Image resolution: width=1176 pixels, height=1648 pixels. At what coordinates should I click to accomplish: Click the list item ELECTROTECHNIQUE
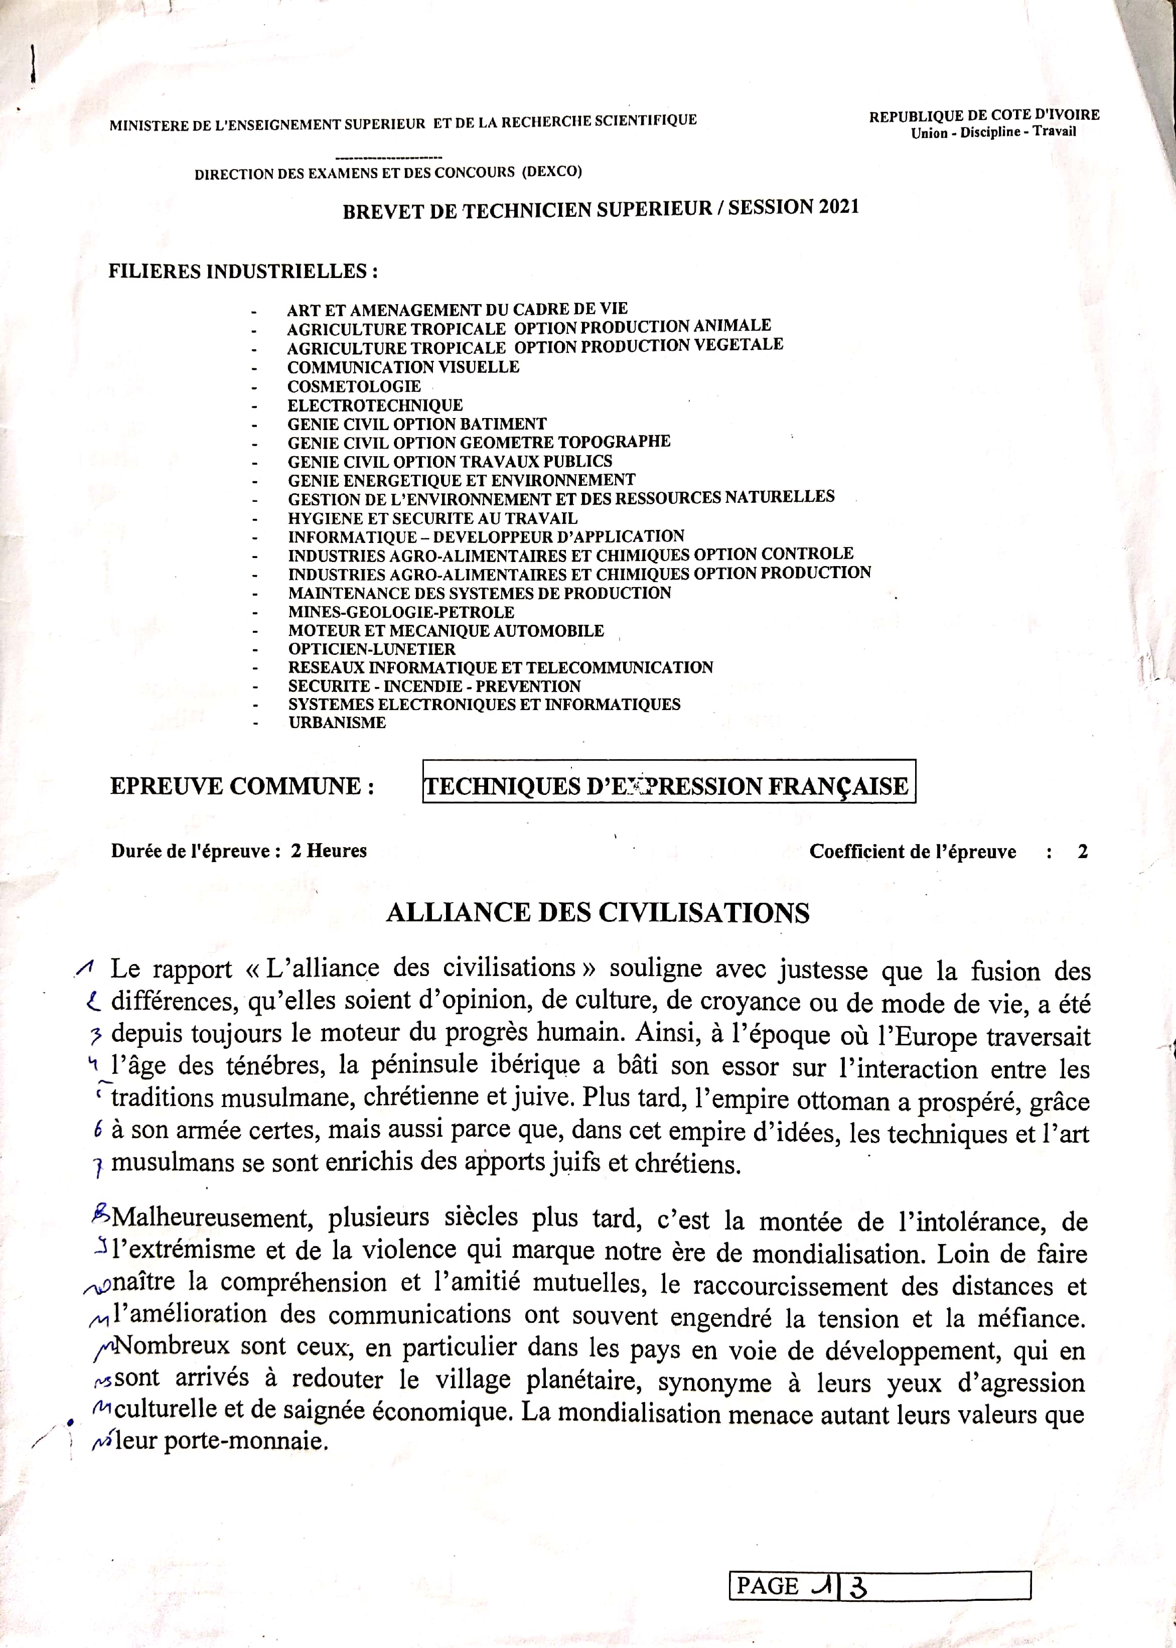[x=375, y=405]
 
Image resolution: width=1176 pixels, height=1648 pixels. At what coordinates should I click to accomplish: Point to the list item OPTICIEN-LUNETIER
[x=371, y=649]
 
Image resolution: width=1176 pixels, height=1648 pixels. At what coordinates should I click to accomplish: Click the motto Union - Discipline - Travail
[x=993, y=132]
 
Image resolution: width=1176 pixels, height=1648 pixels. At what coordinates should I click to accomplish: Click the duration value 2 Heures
[x=329, y=851]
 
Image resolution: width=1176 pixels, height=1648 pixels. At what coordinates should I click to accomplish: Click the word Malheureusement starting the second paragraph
[x=213, y=1218]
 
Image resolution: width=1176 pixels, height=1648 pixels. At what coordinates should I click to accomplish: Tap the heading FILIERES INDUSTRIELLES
[x=243, y=271]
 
